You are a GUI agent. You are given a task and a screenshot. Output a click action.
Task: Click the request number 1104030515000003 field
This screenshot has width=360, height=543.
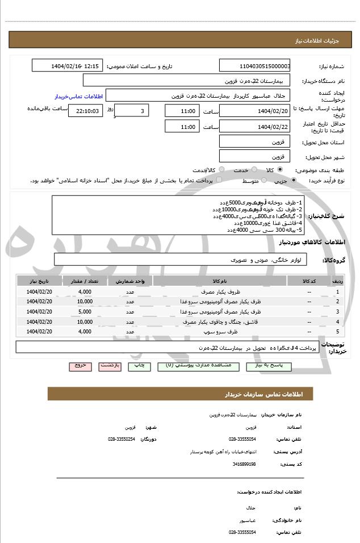(255, 66)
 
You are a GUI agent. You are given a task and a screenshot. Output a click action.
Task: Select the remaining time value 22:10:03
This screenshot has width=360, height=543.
(85, 111)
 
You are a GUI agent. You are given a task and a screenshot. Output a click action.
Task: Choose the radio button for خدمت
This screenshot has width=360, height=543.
(254, 170)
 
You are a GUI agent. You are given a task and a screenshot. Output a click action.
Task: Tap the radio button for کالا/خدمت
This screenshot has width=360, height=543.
(221, 170)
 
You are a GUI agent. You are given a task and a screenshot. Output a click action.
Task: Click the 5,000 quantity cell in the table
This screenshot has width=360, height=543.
(85, 312)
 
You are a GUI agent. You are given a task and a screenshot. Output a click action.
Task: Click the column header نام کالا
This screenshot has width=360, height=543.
(220, 281)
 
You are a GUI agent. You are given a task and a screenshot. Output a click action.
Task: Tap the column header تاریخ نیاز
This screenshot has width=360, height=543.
(39, 281)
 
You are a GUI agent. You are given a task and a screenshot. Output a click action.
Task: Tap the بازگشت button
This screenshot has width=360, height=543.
(110, 366)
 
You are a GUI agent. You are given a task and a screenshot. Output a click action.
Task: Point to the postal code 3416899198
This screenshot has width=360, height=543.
(244, 465)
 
